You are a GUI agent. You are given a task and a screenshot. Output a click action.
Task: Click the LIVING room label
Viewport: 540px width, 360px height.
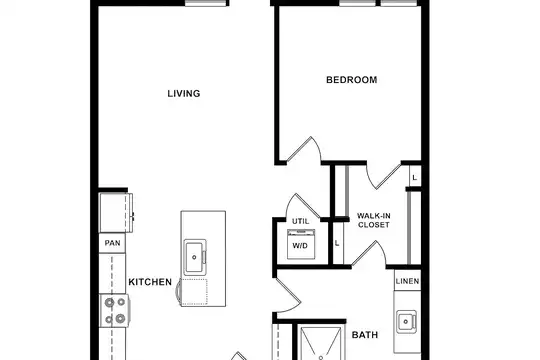pos(184,94)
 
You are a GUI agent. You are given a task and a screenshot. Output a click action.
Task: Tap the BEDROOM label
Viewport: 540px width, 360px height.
pos(352,80)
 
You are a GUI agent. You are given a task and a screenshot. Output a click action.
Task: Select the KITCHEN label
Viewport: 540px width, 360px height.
pos(150,282)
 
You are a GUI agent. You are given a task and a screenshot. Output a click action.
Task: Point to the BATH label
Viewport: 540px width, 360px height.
pos(365,335)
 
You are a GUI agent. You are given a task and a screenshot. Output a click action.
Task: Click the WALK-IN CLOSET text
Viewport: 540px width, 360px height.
pos(374,220)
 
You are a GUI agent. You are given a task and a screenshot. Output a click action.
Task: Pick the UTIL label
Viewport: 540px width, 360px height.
pos(301,221)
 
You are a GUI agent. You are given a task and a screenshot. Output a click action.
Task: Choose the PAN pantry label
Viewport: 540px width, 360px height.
pos(113,243)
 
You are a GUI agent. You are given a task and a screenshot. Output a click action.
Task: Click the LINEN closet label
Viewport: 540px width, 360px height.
pos(407,281)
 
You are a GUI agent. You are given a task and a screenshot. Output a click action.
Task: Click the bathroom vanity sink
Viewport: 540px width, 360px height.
pos(406,322)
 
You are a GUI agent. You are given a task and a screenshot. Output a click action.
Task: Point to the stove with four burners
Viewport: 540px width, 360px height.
pos(115,311)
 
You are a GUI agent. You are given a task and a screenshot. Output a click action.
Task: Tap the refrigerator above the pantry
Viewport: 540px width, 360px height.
pos(116,213)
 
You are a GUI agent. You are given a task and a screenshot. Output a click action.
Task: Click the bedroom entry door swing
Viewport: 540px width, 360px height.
pos(303,149)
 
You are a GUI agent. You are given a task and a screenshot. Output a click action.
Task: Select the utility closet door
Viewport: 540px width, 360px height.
pos(303,206)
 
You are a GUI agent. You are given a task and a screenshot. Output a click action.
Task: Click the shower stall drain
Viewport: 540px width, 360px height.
pos(321,358)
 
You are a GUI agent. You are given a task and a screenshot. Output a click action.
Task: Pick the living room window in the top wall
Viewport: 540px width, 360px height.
pos(207,3)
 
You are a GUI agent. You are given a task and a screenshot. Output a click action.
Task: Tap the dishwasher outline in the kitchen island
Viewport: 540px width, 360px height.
pos(194,292)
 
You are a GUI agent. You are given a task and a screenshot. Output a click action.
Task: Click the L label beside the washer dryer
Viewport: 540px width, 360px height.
pos(337,243)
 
